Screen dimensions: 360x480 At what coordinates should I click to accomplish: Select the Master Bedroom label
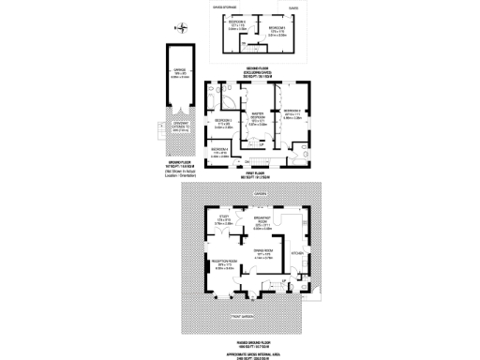click(x=252, y=115)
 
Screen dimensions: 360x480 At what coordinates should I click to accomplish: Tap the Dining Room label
click(x=263, y=251)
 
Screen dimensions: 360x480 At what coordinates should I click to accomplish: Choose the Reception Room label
click(x=220, y=263)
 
